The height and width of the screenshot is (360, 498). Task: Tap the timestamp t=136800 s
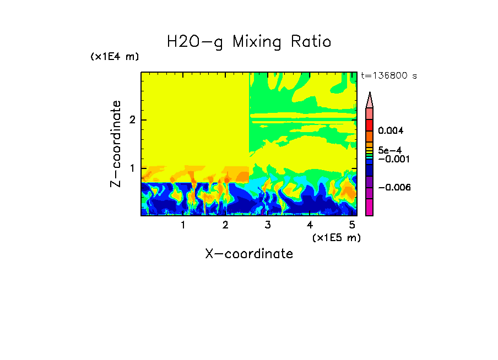[x=388, y=76]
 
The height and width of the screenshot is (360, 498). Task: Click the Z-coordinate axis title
[x=116, y=144]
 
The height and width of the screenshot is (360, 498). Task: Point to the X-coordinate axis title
[x=249, y=254]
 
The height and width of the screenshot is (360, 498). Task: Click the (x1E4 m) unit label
[x=115, y=57]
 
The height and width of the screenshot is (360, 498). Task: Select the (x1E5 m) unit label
[x=336, y=237]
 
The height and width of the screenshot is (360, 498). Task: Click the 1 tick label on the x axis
[x=183, y=225]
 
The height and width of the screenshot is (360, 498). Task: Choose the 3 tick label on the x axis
[x=268, y=225]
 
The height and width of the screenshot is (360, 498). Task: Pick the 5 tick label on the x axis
[x=352, y=225]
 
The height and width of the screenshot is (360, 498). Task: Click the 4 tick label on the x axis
[x=310, y=225]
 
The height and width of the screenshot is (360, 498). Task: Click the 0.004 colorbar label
[x=391, y=131]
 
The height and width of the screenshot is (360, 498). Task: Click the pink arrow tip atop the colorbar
[x=370, y=100]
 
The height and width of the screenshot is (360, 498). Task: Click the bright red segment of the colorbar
[x=369, y=124]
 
